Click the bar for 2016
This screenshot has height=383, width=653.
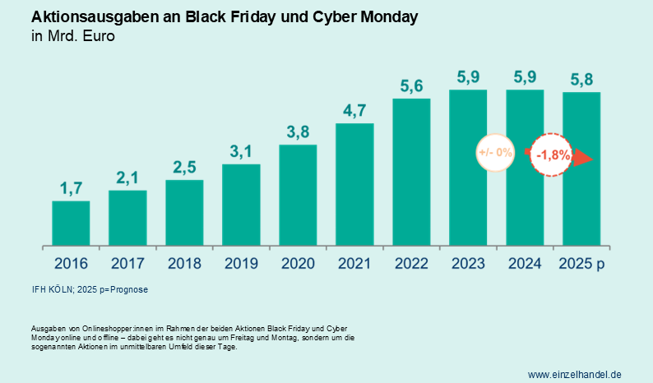71,223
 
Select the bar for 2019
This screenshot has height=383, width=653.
241,205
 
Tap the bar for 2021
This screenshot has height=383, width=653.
354,184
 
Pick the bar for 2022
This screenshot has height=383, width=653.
411,172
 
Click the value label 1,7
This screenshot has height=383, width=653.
71,188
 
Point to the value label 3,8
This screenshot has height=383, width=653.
298,132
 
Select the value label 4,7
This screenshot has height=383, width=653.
354,111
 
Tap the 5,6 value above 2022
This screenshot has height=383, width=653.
411,85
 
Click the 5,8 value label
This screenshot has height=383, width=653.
581,80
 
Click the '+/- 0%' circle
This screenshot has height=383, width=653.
495,152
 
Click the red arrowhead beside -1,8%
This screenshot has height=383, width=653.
582,157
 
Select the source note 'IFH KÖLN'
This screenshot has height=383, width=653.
53,289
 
